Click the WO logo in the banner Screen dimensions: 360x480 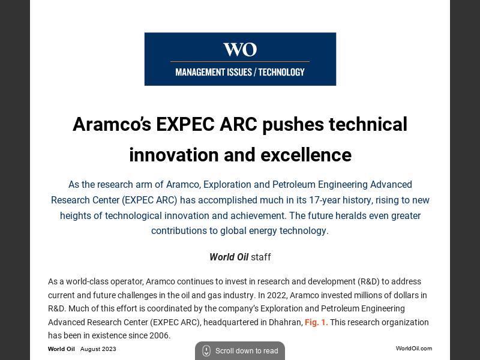[x=240, y=49]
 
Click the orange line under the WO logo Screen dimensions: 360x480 [x=240, y=61]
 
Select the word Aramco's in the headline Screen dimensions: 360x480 [x=112, y=124]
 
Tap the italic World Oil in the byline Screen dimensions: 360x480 [x=229, y=257]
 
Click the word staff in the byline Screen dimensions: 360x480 [x=261, y=257]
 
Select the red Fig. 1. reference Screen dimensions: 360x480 [x=316, y=322]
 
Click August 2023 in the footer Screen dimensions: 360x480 [x=98, y=349]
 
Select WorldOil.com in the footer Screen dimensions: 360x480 [x=413, y=349]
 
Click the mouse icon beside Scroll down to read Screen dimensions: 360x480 [x=206, y=351]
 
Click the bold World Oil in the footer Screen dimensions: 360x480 [x=61, y=349]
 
